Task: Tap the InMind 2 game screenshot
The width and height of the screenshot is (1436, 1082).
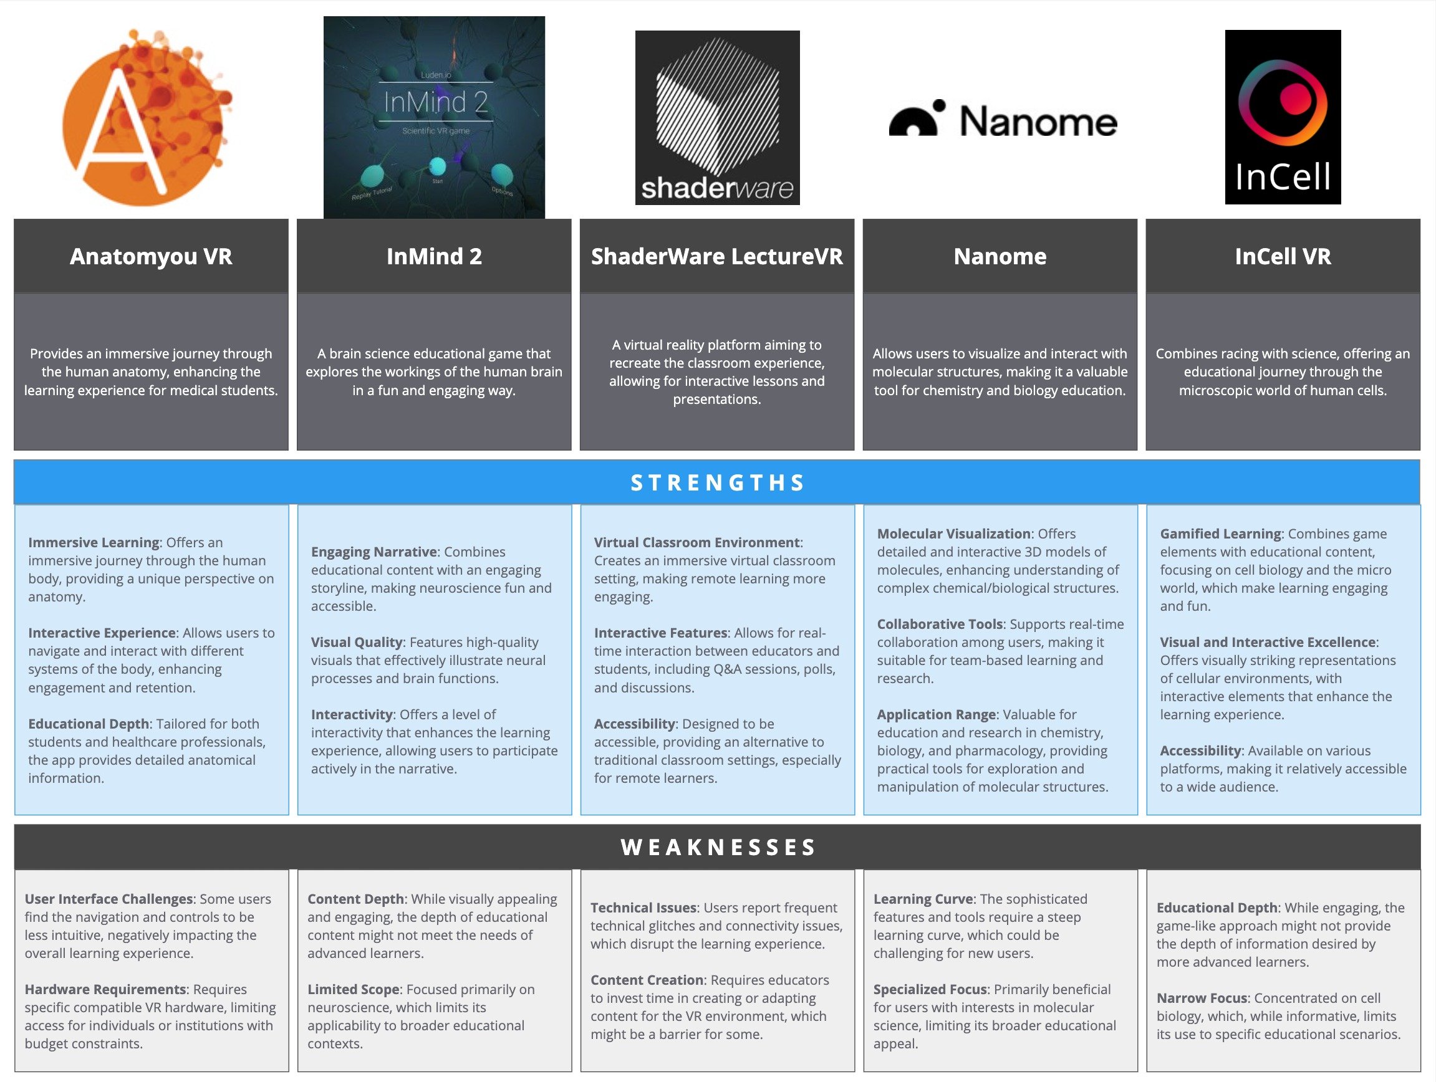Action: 433,117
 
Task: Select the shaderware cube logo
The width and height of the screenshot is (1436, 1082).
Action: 716,117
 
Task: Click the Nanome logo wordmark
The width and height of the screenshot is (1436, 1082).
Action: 1003,120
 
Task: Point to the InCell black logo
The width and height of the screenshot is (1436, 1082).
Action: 1282,117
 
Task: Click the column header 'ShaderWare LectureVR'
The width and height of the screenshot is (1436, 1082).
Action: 716,256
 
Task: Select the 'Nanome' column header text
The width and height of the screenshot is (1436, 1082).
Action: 1000,256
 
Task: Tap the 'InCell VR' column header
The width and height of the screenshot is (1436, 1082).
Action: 1282,256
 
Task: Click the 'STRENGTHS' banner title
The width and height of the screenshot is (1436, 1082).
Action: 717,483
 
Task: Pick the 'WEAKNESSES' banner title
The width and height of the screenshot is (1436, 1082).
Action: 717,847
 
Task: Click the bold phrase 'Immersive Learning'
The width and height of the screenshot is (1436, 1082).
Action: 94,543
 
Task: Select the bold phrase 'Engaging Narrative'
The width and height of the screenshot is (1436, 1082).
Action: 374,552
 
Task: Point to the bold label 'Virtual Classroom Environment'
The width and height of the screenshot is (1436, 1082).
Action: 696,543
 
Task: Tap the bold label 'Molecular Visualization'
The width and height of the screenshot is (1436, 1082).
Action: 953,534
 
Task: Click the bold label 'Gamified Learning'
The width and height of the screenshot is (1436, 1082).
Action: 1220,534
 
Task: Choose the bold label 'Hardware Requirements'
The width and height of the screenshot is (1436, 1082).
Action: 105,989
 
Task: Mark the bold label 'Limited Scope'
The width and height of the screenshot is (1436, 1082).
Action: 353,989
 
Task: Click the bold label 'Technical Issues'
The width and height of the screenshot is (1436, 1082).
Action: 643,907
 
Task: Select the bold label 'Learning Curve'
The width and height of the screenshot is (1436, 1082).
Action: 922,899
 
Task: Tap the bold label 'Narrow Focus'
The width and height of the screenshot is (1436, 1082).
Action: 1202,998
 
